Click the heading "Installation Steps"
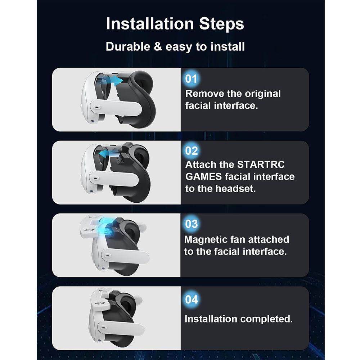(x=175, y=24)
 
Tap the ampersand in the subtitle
(x=158, y=46)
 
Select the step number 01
(x=191, y=79)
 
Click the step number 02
(x=192, y=151)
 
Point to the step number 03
(x=192, y=224)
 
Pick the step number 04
(x=192, y=300)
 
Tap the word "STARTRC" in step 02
(x=261, y=165)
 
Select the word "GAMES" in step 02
(x=203, y=176)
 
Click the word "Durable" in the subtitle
(x=128, y=46)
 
